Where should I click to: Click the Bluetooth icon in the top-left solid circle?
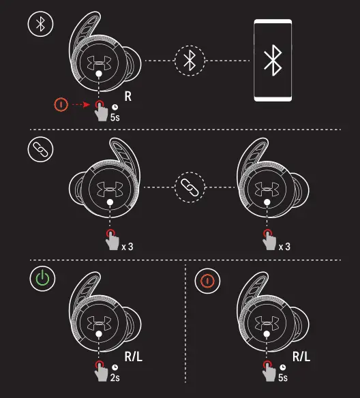coord(40,25)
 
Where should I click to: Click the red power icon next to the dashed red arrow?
coord(62,105)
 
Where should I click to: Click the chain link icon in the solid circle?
coord(40,151)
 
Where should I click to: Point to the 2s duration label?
coord(115,377)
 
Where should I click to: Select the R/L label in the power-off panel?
coord(301,356)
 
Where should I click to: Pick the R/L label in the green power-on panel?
coord(132,356)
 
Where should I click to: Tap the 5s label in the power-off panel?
coord(282,377)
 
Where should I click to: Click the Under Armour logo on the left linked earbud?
coord(109,186)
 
